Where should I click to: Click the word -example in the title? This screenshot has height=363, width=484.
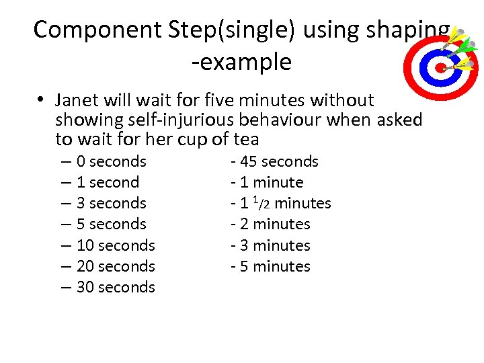(241, 63)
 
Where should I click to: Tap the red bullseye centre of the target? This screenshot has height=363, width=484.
(440, 67)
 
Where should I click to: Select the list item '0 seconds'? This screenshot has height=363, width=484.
(111, 161)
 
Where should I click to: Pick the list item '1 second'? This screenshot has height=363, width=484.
(108, 182)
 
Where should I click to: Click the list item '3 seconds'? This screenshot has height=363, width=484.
(111, 203)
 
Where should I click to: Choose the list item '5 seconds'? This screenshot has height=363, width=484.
(111, 224)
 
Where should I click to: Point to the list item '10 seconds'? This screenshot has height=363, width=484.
(116, 245)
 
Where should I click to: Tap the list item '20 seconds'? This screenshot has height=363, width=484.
(116, 266)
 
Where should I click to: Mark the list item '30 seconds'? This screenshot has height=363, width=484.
(116, 287)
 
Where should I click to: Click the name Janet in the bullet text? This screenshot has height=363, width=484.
(76, 101)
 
